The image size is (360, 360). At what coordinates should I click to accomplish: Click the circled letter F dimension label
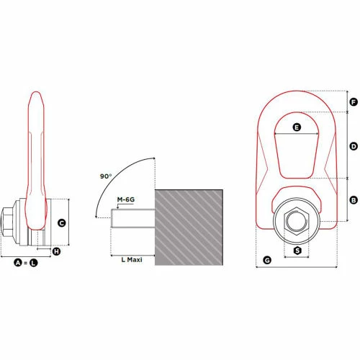pyautogui.click(x=353, y=102)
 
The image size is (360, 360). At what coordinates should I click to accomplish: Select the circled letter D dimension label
pyautogui.click(x=353, y=146)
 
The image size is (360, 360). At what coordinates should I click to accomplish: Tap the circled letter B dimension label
pyautogui.click(x=353, y=199)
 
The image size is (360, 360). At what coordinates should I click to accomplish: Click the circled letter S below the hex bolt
pyautogui.click(x=297, y=251)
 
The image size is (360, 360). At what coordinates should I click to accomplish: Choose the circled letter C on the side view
pyautogui.click(x=62, y=223)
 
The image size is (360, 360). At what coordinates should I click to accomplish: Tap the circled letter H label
pyautogui.click(x=57, y=251)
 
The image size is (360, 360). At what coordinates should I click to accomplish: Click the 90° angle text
pyautogui.click(x=107, y=176)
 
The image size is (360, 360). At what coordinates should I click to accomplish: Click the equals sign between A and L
pyautogui.click(x=26, y=264)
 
